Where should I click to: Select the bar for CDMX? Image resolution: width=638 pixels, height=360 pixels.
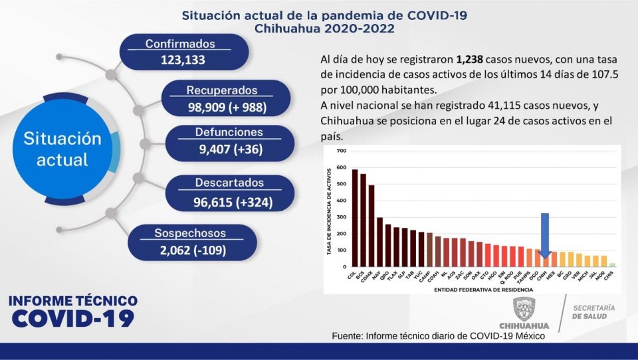click(x=372, y=226)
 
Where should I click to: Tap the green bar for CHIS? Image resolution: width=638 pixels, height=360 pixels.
click(x=612, y=265)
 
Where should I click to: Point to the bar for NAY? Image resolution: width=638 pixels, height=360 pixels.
click(x=379, y=242)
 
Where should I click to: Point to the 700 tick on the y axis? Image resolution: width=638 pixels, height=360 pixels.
click(x=342, y=151)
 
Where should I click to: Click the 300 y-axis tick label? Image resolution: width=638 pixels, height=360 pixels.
click(x=342, y=217)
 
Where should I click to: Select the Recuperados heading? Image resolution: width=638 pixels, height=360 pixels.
click(x=221, y=90)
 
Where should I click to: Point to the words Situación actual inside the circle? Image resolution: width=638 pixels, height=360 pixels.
click(x=62, y=149)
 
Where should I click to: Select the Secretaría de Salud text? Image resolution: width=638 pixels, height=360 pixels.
click(x=593, y=312)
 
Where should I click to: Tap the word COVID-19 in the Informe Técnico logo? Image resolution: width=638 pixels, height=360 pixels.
click(x=73, y=318)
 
